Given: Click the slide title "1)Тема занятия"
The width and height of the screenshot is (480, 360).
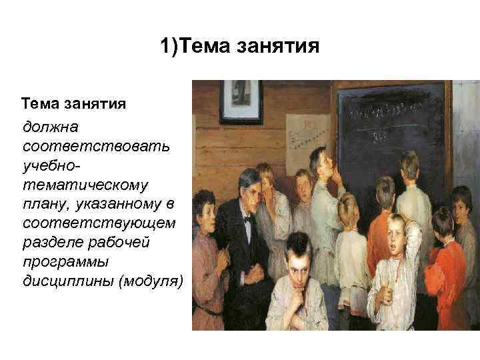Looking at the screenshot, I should [240, 47].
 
